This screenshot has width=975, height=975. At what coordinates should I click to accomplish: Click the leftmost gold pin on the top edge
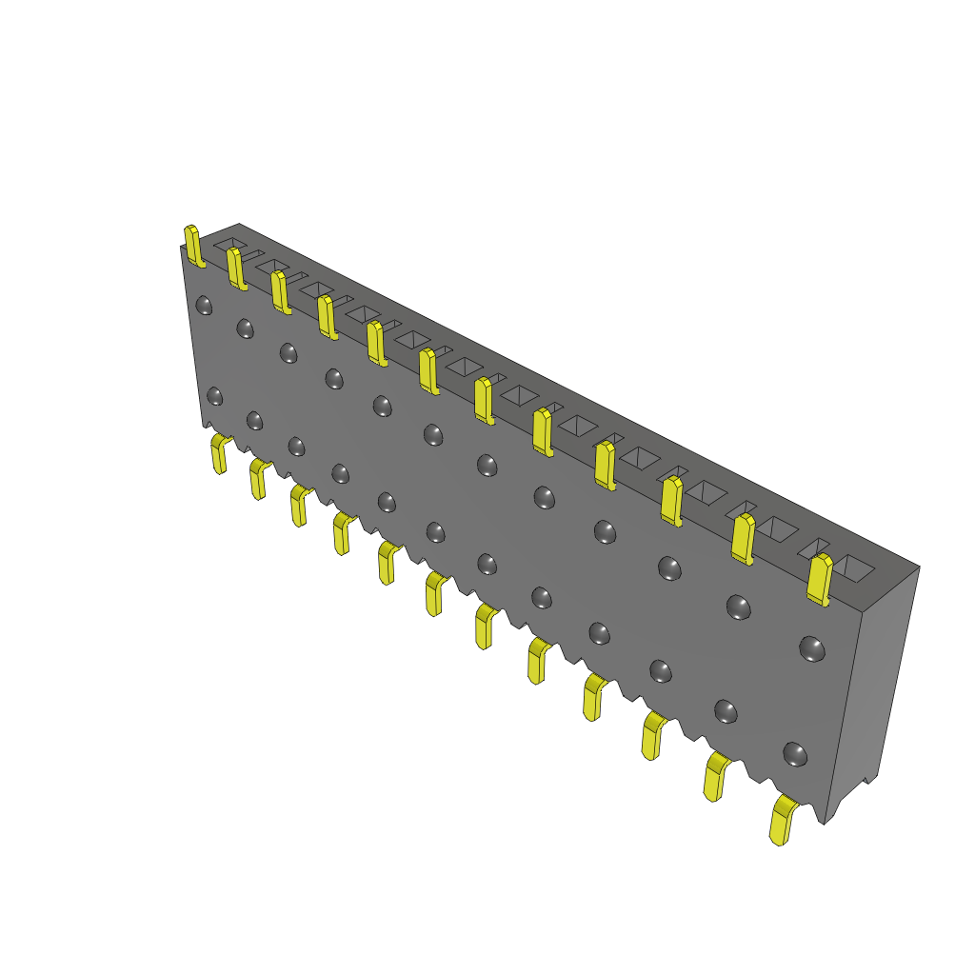pos(193,246)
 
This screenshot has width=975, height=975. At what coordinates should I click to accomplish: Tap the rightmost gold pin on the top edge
pos(819,579)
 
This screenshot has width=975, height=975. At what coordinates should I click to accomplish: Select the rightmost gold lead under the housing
pos(783,821)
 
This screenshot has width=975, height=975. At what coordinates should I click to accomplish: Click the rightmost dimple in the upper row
pos(811,648)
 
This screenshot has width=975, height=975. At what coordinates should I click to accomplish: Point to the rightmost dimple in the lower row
pos(794,754)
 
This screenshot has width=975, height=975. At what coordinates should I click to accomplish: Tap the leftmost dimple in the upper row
pos(204,305)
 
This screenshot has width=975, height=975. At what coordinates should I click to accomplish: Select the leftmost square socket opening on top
pos(229,244)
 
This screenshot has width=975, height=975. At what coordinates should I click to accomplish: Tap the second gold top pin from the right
pos(743,538)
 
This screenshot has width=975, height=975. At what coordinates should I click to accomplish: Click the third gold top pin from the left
pos(279,290)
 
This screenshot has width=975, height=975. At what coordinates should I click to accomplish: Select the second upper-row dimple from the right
pos(738,606)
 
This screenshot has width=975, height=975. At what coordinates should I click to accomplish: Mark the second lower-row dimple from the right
pos(726,710)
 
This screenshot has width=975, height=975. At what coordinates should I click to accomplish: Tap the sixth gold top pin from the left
pos(428,370)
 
